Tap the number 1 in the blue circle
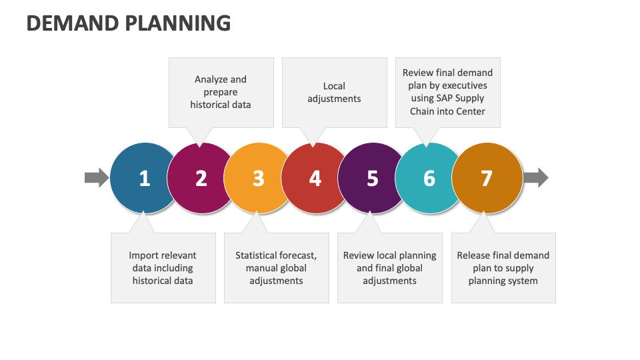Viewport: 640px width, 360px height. [145, 179]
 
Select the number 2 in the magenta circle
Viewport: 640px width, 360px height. [201, 179]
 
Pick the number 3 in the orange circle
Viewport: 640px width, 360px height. [259, 179]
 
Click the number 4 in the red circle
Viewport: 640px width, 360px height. [315, 179]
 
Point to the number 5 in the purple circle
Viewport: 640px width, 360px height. [372, 179]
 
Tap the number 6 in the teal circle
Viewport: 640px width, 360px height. [429, 179]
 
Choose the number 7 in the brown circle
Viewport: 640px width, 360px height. [486, 179]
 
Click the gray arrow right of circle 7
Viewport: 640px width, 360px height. [535, 177]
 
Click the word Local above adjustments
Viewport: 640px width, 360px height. [334, 86]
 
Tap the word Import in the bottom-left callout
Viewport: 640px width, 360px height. [145, 255]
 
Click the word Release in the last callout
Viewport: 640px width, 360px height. [474, 255]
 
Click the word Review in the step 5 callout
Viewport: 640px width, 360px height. [359, 255]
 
